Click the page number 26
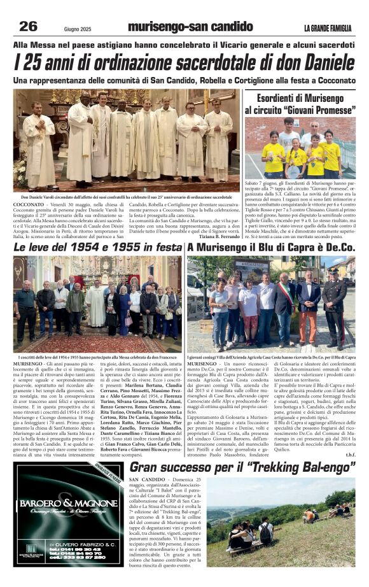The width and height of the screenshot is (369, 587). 28,26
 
